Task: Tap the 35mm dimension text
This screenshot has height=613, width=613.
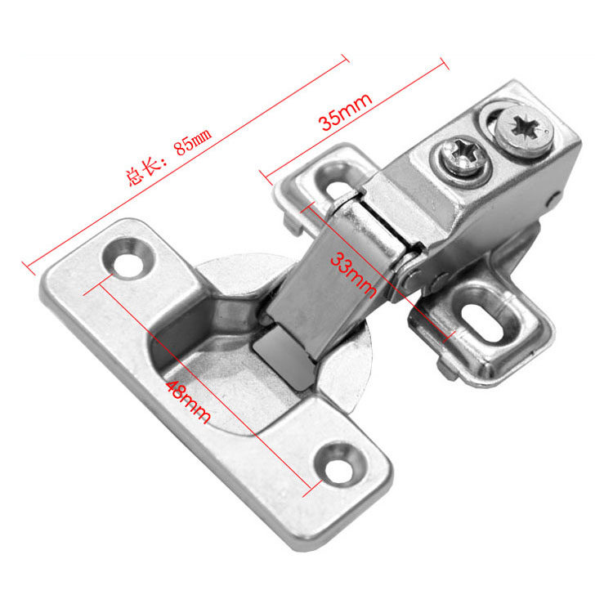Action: coord(345,111)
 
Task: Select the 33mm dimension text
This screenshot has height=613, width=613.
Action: coord(353,275)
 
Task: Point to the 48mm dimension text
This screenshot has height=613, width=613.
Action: coord(188,402)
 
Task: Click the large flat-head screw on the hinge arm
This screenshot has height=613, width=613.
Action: coord(524,131)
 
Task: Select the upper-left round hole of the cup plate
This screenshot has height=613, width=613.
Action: coord(128,258)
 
